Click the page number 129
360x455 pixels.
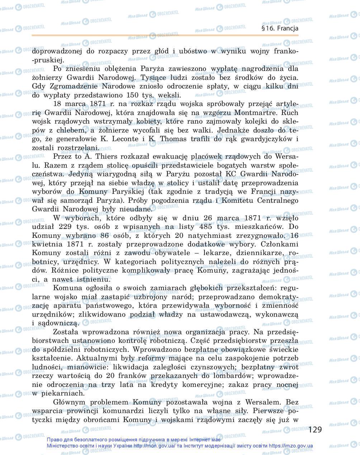tap(315, 429)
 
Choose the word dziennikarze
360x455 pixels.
tap(250, 253)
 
